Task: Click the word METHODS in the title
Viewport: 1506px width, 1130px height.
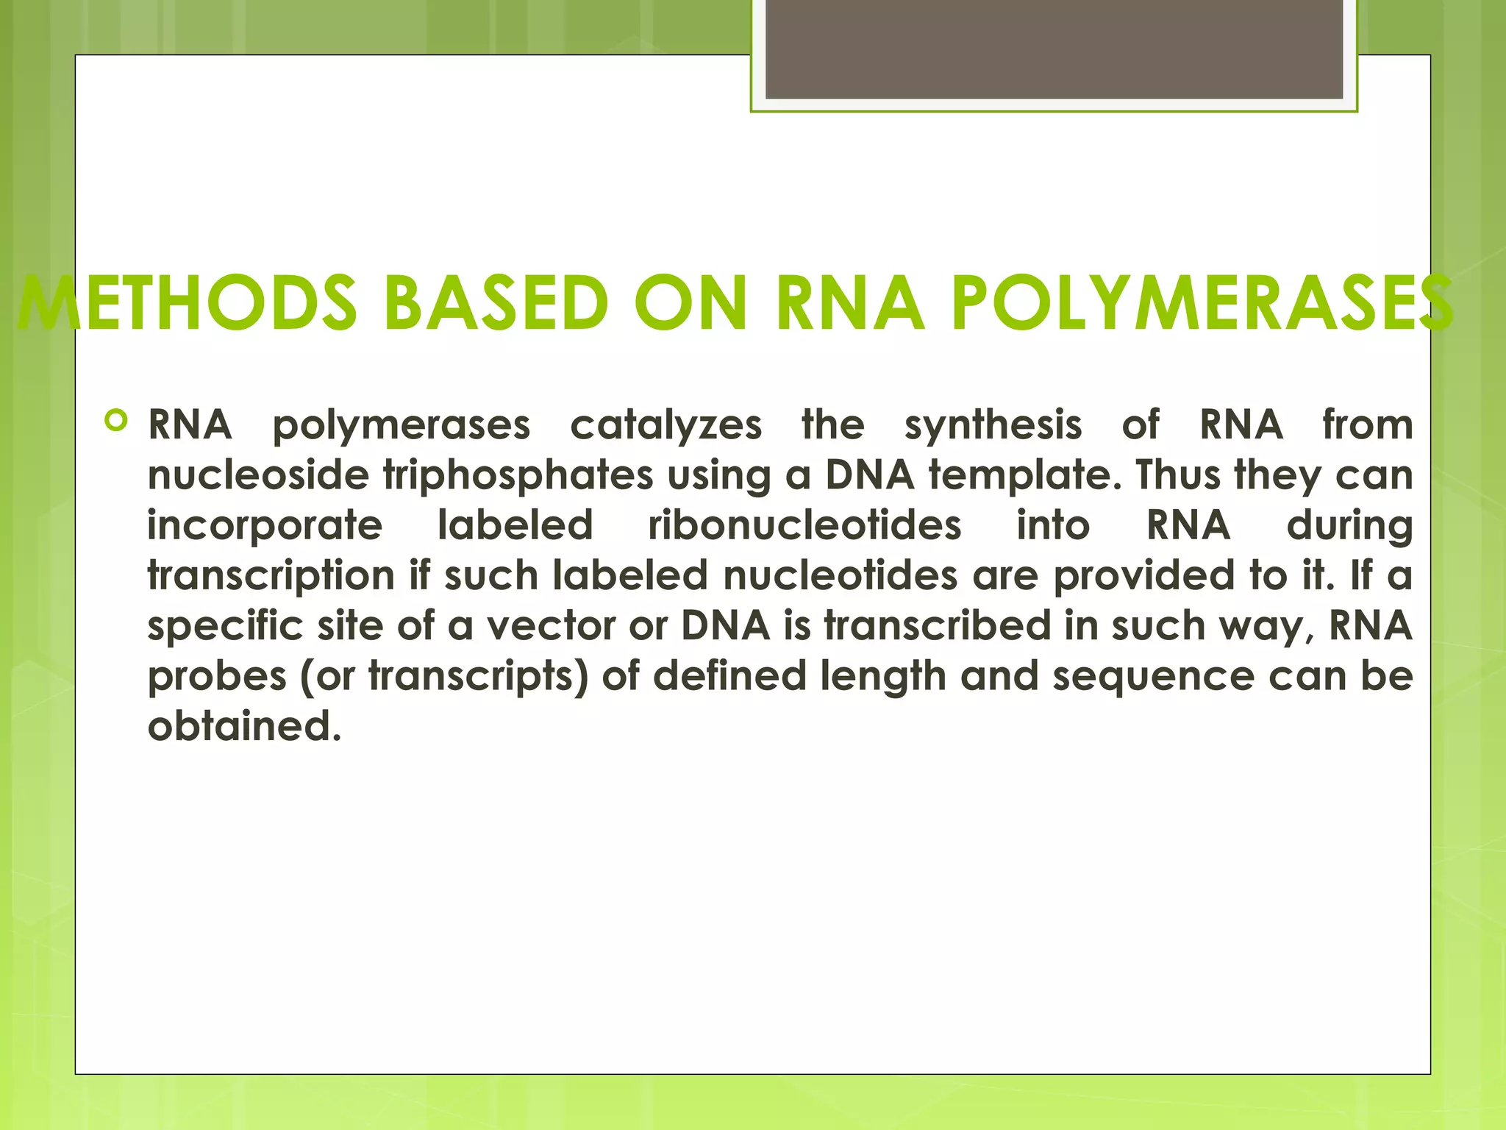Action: coord(188,303)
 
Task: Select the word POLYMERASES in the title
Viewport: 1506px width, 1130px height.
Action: coord(1202,303)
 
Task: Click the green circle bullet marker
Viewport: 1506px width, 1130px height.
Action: coord(116,421)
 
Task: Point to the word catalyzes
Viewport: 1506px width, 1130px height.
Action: coord(665,426)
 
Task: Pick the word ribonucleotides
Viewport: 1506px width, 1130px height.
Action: coord(804,525)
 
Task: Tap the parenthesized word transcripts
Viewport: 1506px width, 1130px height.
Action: coord(478,677)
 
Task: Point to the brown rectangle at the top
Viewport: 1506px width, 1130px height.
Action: coord(1054,49)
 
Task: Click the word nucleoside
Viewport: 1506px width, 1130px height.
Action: coord(258,475)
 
